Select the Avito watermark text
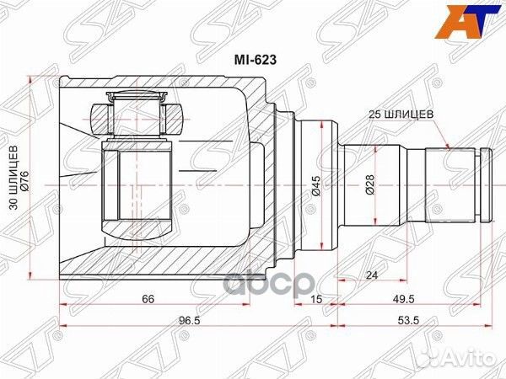click(461, 353)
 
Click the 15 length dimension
click(316, 298)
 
